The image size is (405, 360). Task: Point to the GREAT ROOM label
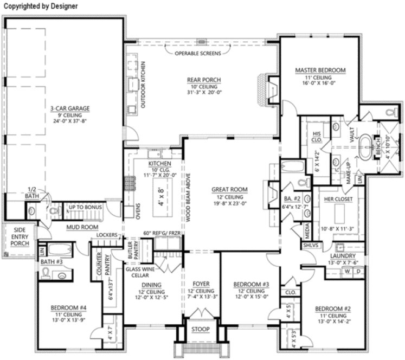tap(229, 190)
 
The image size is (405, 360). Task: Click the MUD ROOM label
tap(79, 227)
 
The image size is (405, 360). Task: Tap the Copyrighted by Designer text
tap(40, 6)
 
